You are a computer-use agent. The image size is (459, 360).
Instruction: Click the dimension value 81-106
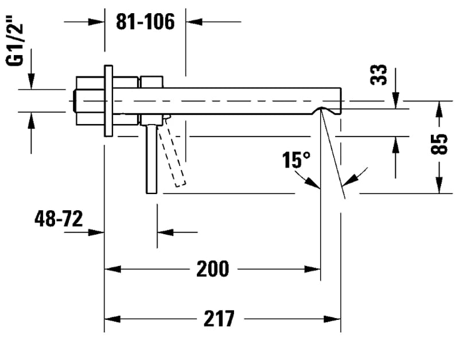pos(145,22)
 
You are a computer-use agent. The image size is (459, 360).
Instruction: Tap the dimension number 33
pos(379,75)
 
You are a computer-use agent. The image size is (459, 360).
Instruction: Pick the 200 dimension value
pos(212,268)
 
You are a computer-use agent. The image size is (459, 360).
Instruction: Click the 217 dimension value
pos(219,318)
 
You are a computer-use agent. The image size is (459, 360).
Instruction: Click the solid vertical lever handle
pos(151,158)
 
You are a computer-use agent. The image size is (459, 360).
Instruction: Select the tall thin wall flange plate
pos(108,100)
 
